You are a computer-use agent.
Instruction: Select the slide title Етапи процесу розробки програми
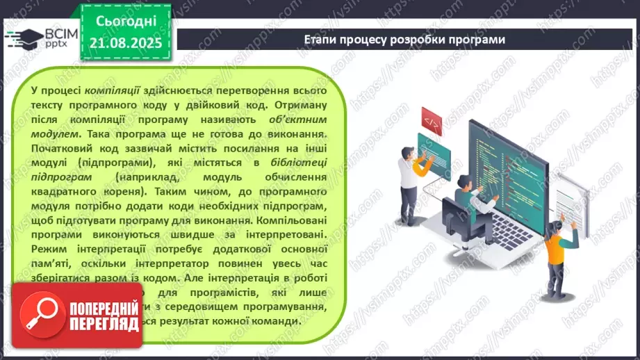pos(404,39)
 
